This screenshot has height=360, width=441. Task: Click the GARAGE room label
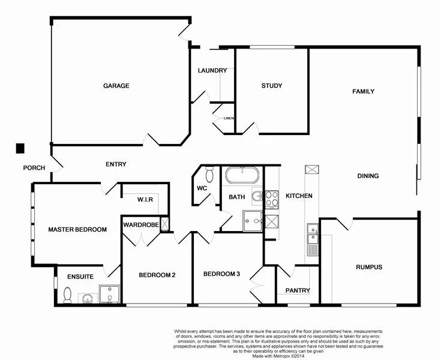tap(116, 86)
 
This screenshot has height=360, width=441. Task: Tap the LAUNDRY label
tap(212, 71)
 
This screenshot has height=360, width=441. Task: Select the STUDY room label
tap(271, 86)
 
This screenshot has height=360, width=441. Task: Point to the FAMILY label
tap(363, 92)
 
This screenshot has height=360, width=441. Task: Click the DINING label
tap(368, 176)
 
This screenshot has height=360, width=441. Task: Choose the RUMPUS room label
tap(368, 267)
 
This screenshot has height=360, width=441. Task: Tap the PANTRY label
tap(298, 291)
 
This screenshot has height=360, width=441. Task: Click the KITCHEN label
tap(298, 196)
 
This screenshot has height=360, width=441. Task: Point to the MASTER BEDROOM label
tap(77, 230)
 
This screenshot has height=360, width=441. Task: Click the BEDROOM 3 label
tap(221, 274)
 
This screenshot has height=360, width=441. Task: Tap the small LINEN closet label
tap(228, 118)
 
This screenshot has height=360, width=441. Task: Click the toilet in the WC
tap(209, 175)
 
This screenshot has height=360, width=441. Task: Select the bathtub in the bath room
tap(242, 176)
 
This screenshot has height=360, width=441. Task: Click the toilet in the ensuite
tap(68, 295)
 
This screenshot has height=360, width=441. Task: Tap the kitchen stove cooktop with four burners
tap(272, 199)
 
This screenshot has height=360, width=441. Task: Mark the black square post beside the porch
tap(20, 148)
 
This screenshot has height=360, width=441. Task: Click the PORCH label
tap(34, 168)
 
